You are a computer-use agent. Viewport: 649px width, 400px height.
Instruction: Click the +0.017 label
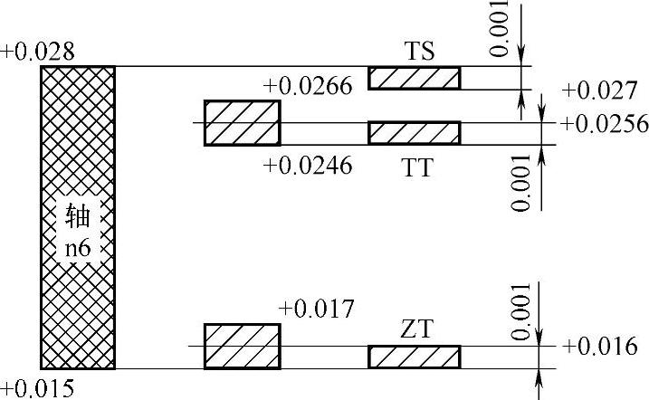316,309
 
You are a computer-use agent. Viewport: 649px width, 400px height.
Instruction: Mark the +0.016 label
598,347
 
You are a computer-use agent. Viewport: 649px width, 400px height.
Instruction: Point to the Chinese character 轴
79,215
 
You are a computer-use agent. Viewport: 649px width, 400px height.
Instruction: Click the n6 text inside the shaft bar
79,245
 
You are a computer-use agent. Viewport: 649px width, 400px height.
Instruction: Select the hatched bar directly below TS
414,78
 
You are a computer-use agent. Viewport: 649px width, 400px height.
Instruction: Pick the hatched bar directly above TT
414,132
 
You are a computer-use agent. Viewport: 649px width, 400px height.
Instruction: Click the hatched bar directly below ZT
414,357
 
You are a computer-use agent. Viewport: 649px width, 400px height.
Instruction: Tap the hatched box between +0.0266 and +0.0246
242,123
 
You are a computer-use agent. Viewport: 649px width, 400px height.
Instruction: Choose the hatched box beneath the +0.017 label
242,346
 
